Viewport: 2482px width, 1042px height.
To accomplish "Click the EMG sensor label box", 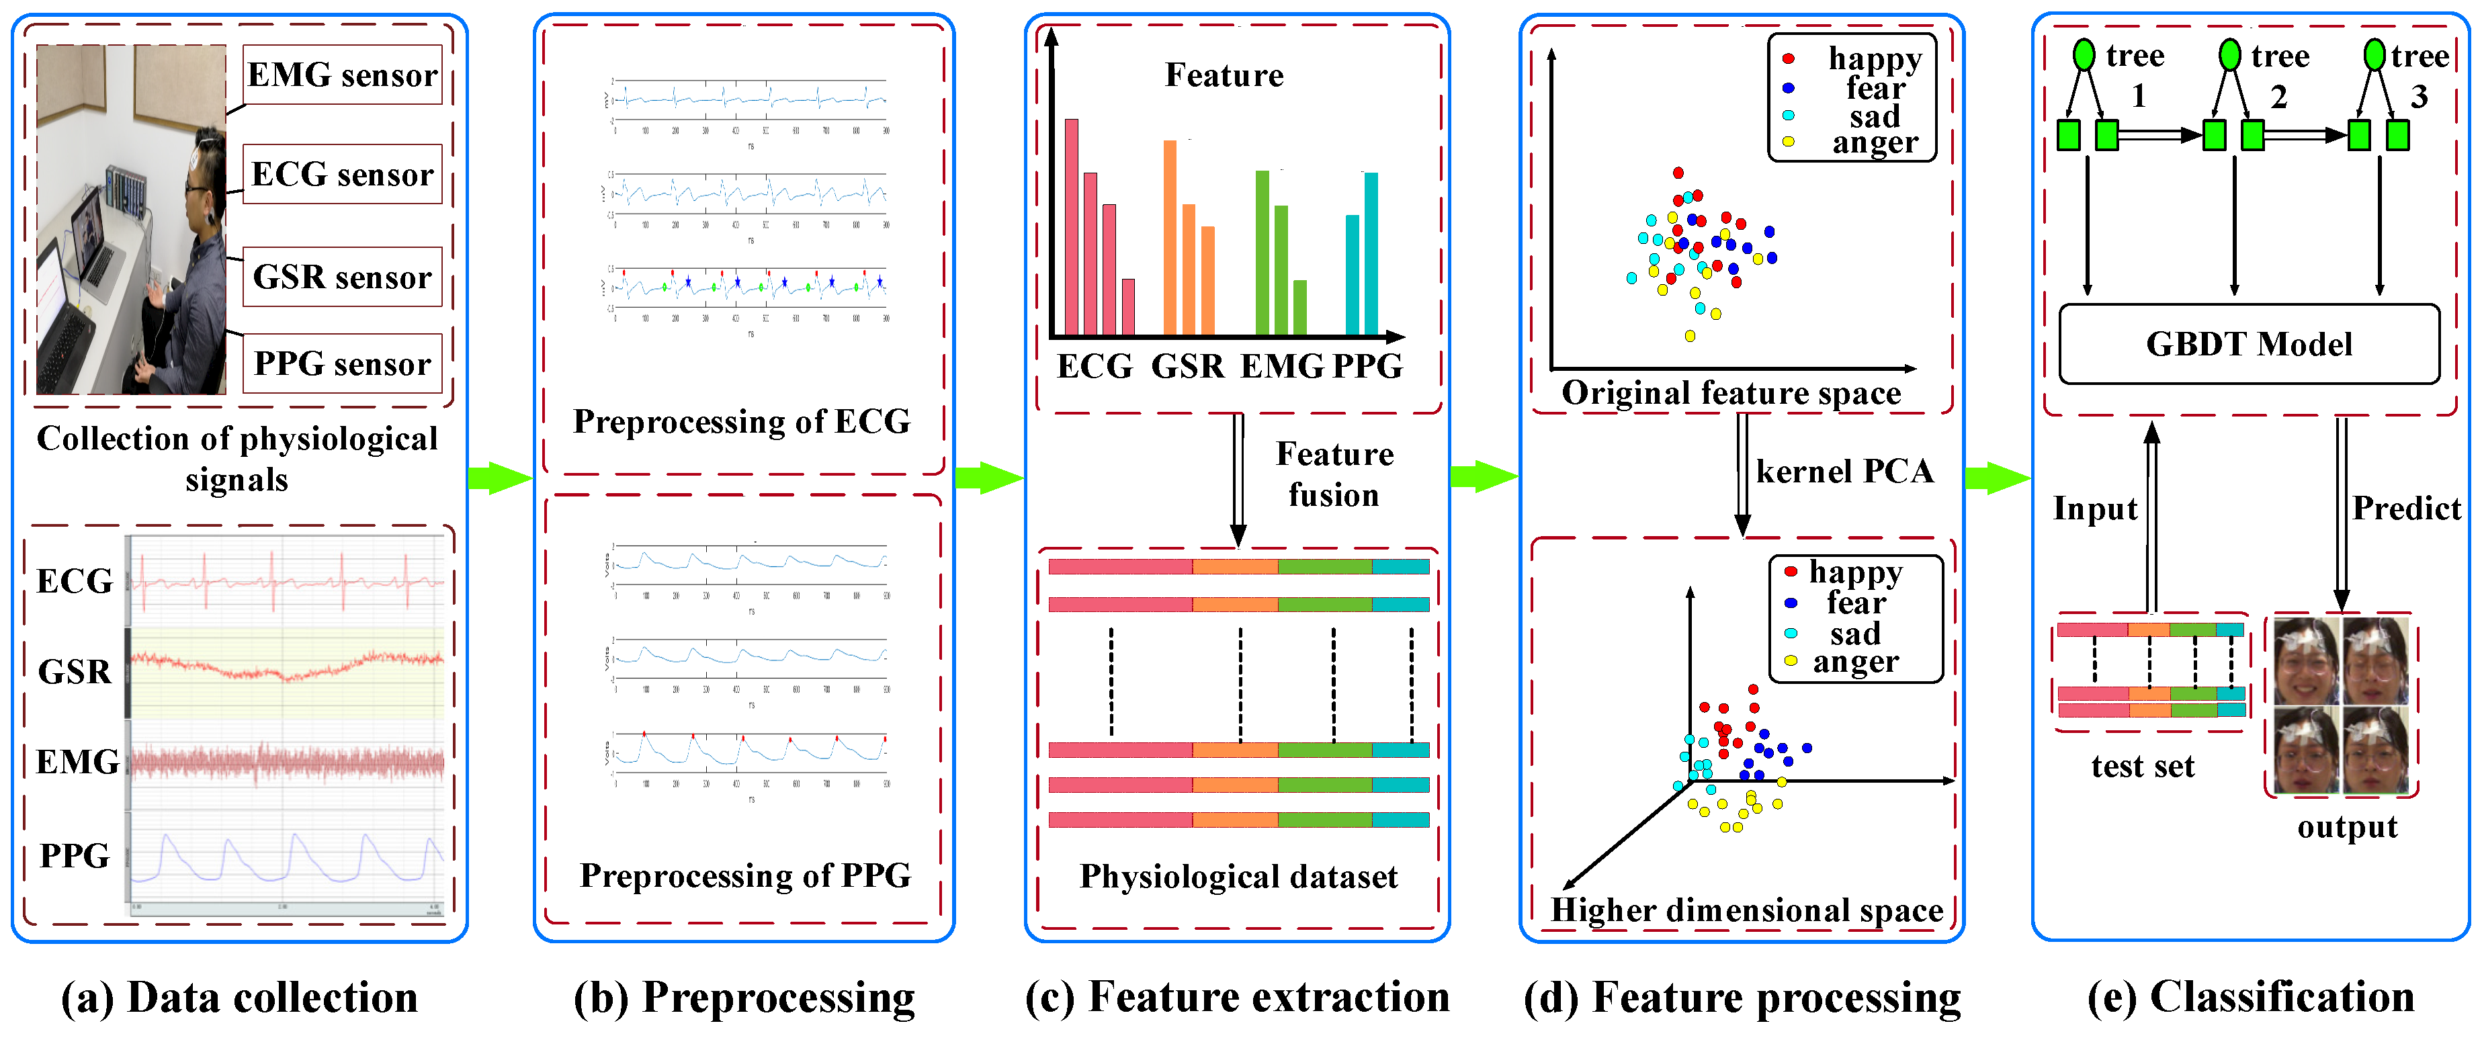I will [x=342, y=75].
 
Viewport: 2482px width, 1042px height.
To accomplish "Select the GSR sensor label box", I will [x=342, y=277].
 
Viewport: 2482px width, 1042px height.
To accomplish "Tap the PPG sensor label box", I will [x=342, y=364].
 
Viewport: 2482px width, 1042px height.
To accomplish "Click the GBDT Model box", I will [x=2248, y=344].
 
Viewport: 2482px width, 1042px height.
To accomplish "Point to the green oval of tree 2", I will [x=2229, y=55].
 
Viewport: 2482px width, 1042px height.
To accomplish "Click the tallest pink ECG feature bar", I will [x=1070, y=226].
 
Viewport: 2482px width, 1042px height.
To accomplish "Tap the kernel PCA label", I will [x=1844, y=471].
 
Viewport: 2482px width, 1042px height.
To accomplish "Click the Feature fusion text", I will [x=1334, y=474].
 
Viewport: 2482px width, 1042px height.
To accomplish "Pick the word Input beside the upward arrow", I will [x=2095, y=509].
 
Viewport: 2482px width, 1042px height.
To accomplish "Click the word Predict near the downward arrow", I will [x=2406, y=509].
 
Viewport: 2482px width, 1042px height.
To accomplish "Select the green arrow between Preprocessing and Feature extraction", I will [x=988, y=477].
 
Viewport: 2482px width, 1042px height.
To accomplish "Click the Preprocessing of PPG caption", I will [x=744, y=875].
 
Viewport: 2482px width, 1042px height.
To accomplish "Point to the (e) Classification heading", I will [x=2251, y=998].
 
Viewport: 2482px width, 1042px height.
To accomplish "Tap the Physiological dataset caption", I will [x=1238, y=876].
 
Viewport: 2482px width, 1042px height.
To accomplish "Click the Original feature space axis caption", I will [x=1731, y=393].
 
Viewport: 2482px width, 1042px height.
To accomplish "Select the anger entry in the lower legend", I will [x=1854, y=662].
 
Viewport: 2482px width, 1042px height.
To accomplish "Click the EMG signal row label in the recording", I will [x=77, y=762].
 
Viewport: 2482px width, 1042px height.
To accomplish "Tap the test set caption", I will [x=2142, y=767].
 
